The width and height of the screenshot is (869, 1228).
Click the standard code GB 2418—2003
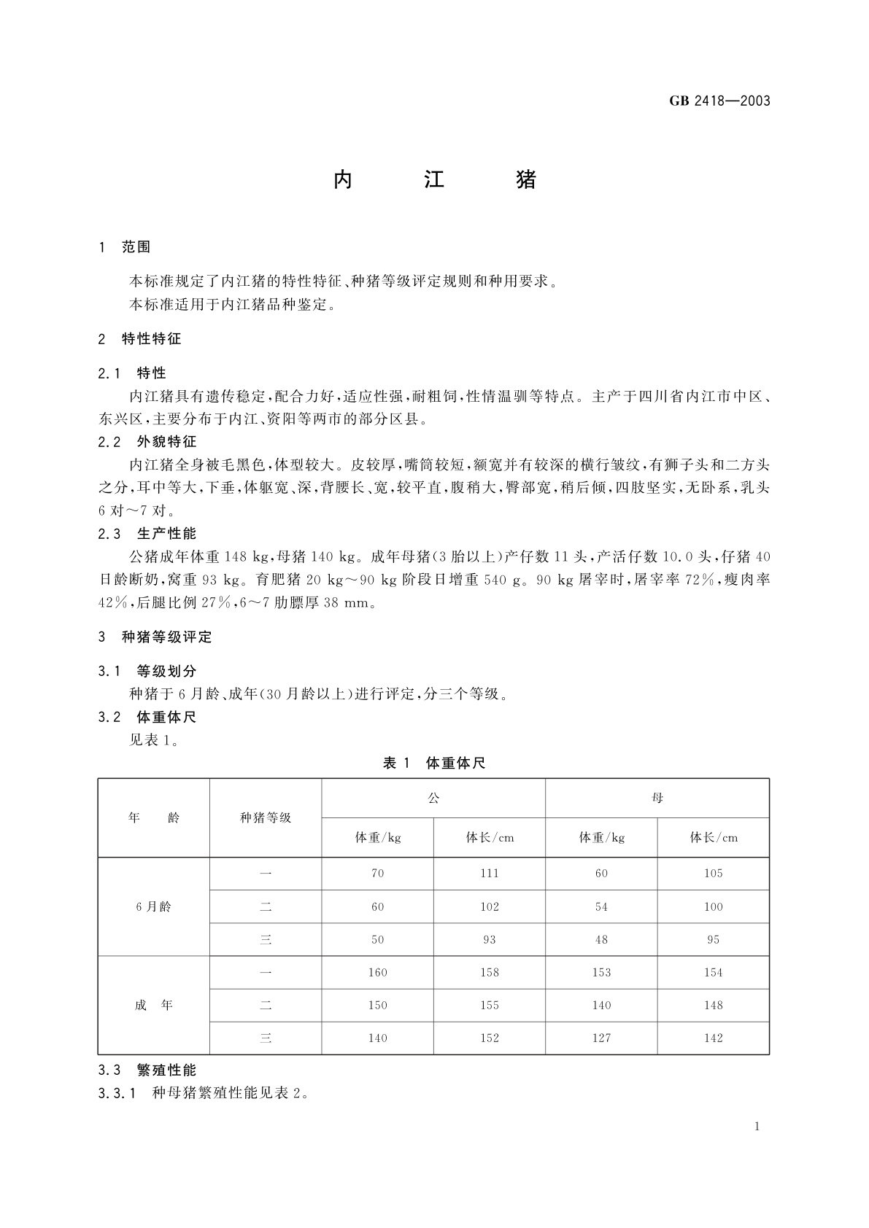[719, 101]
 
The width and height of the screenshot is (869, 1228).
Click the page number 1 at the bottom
[757, 1127]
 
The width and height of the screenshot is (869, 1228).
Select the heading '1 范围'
[125, 247]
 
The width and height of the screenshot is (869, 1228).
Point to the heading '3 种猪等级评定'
[155, 637]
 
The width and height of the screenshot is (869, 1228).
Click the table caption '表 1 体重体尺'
[434, 763]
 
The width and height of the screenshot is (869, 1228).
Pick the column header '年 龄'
[154, 817]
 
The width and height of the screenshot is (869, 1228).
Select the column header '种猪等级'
[266, 817]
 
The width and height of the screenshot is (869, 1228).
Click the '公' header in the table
[433, 798]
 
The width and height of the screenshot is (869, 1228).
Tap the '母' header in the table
[657, 798]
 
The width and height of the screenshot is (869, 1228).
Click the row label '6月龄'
[154, 906]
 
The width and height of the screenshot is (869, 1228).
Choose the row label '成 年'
[154, 1006]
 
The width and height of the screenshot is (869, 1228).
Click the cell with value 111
[490, 874]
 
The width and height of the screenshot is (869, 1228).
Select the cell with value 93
[490, 940]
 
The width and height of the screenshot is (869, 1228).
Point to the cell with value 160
[378, 973]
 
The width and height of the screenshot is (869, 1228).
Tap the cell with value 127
[601, 1038]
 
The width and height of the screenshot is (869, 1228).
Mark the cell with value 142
[714, 1038]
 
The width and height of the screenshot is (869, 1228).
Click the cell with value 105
[714, 874]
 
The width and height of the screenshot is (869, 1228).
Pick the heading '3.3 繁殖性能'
[147, 1070]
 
